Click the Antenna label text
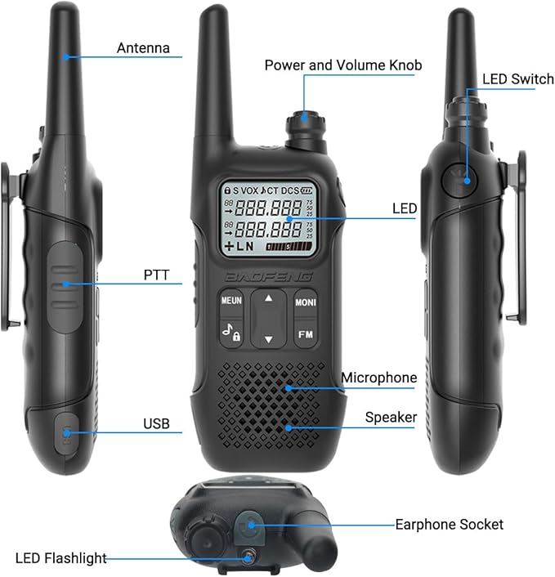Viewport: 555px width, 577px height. click(x=143, y=48)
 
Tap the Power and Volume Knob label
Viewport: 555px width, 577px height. click(x=343, y=65)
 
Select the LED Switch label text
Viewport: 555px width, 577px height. click(x=518, y=78)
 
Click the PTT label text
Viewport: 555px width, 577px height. click(x=156, y=275)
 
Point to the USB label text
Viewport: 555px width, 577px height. click(x=156, y=423)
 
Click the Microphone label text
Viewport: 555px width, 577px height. click(x=379, y=378)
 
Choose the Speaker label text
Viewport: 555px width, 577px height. click(x=391, y=418)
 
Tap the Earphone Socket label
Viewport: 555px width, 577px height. click(x=449, y=525)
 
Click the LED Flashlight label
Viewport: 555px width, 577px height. click(x=61, y=558)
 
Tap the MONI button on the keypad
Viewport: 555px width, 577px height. click(x=306, y=302)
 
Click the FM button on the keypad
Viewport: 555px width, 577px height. click(x=306, y=334)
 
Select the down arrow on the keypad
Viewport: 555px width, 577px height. click(x=269, y=339)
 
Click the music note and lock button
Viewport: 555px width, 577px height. click(x=231, y=333)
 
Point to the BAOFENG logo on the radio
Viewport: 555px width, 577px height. click(x=268, y=277)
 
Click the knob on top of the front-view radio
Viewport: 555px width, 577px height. click(x=307, y=130)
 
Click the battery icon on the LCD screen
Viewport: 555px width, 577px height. click(x=307, y=190)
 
